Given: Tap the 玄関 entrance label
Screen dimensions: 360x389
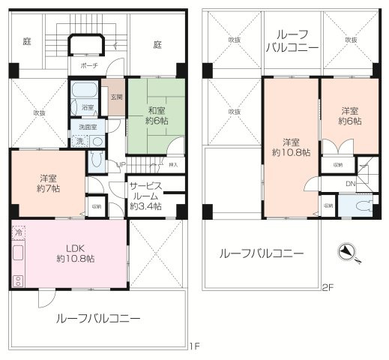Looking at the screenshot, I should pyautogui.click(x=116, y=97).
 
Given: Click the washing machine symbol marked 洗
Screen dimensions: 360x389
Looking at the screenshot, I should pyautogui.click(x=79, y=141).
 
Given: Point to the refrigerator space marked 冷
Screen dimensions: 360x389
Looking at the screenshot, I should pyautogui.click(x=19, y=233).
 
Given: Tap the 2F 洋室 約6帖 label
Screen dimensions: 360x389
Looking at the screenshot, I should pyautogui.click(x=349, y=115).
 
